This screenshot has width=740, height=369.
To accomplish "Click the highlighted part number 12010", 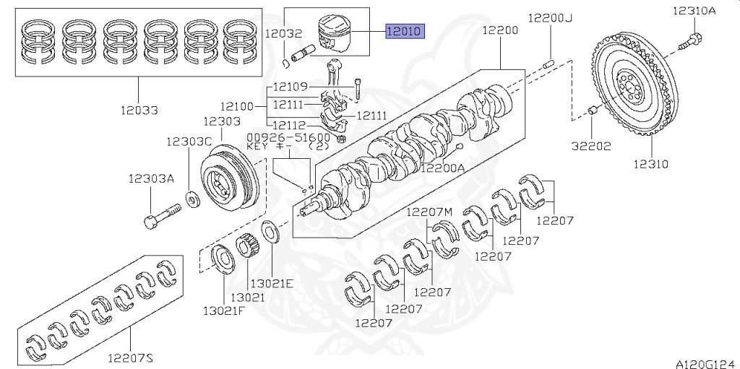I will pos(405,31).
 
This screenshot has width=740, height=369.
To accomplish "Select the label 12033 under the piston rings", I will pos(140,110).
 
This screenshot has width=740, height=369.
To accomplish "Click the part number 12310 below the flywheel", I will pos(650,164).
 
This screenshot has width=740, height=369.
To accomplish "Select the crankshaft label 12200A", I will pos(442,168).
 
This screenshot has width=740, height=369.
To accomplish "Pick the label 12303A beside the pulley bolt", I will pos(151,179).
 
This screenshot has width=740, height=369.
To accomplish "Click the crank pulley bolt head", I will pos(150,222).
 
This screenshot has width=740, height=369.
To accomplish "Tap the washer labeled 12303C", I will pos(194,196).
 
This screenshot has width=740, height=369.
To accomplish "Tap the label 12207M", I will pos(429,212).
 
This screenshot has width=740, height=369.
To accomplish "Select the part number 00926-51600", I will pos(288,136).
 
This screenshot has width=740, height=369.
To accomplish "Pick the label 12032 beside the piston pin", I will pos(283,33).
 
